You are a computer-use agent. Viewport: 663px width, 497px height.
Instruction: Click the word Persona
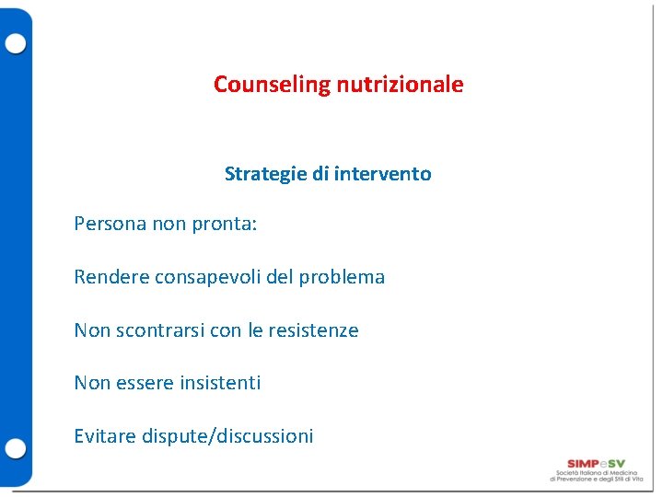point(110,225)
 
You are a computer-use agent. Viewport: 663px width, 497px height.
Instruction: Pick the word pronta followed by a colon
point(225,225)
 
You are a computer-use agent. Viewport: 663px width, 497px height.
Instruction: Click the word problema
point(342,277)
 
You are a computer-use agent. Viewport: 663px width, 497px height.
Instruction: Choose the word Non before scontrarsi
point(92,330)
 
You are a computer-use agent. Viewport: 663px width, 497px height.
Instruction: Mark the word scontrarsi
point(160,330)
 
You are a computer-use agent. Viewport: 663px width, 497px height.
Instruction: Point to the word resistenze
point(313,330)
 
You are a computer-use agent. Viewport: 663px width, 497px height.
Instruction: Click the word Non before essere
point(92,383)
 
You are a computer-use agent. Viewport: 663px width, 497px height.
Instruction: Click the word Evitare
point(105,436)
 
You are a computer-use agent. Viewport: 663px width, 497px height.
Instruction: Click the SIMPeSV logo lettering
point(596,463)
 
